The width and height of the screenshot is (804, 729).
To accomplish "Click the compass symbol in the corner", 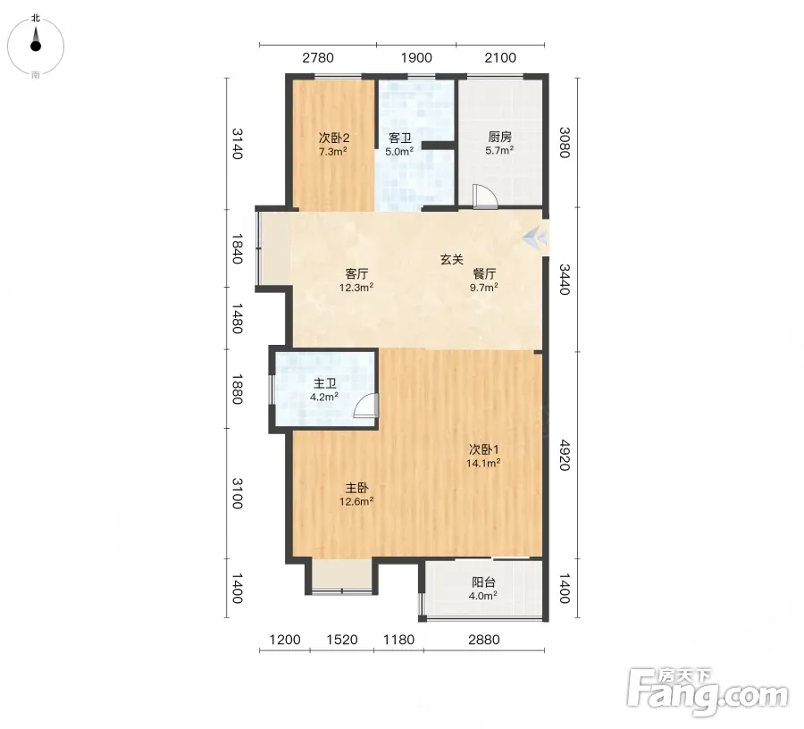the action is point(36,46).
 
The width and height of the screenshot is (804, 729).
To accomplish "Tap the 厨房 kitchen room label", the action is point(499,144).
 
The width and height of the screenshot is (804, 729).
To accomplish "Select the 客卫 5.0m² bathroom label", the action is point(399,145).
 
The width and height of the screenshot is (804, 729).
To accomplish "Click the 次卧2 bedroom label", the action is point(333,144).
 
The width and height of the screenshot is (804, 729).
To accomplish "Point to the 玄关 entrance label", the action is point(452,259).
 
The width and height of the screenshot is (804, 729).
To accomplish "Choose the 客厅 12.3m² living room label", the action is point(356,281).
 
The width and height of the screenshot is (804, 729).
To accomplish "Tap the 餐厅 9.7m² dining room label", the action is point(484,281).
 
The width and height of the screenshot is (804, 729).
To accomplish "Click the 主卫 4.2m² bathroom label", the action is point(324,390).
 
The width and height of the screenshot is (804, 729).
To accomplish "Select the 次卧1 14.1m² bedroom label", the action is point(483,457).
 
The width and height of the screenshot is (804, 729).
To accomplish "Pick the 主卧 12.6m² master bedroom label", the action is point(356,494).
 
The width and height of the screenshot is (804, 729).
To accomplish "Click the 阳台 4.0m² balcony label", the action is point(483,589).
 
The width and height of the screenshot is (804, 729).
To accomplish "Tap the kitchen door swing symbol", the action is point(485,197).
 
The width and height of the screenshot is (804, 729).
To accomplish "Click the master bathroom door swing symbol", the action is point(365,406).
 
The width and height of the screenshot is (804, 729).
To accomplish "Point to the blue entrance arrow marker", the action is point(535,239).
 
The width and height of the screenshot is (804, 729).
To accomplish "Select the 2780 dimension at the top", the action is point(318,57).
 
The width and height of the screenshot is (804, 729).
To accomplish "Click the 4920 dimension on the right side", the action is point(565,455).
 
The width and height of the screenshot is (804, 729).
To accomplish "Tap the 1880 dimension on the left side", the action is point(237,389).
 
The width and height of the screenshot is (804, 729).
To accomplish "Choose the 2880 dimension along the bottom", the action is point(484,640).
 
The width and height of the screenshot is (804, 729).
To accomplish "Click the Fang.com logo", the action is point(708,692).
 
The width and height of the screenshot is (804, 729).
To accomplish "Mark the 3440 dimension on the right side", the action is point(565,280).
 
